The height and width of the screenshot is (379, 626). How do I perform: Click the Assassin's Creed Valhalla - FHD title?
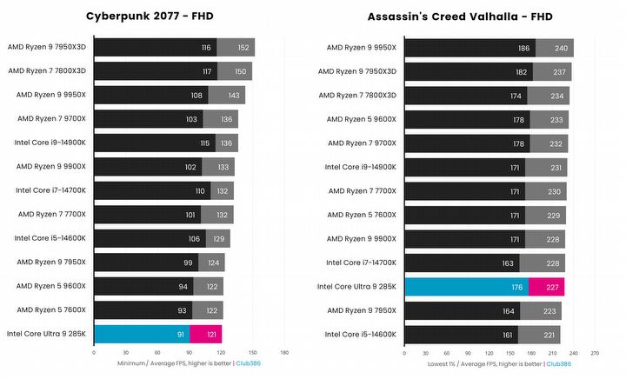459,17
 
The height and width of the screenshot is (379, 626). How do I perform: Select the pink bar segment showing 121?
206,333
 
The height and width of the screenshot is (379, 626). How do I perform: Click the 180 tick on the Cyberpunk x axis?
284,352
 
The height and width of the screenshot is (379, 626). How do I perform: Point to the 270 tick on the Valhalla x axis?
595,352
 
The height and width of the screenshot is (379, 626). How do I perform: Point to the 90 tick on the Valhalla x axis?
468,352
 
